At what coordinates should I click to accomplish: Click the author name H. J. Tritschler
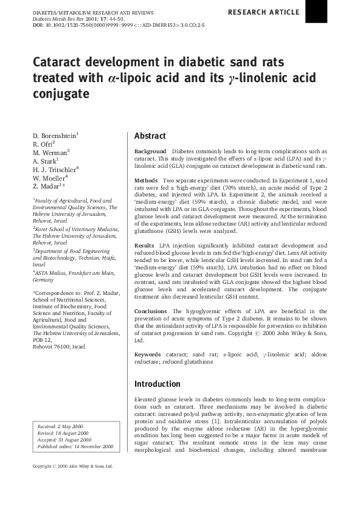(55, 169)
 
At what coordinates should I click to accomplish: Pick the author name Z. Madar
(49, 187)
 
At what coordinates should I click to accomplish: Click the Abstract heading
(150, 136)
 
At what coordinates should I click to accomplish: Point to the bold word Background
(150, 151)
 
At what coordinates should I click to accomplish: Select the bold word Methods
(147, 181)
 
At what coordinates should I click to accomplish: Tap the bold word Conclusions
(150, 311)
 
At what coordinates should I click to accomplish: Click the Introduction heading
(158, 384)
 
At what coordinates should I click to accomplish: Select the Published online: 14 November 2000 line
(75, 446)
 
